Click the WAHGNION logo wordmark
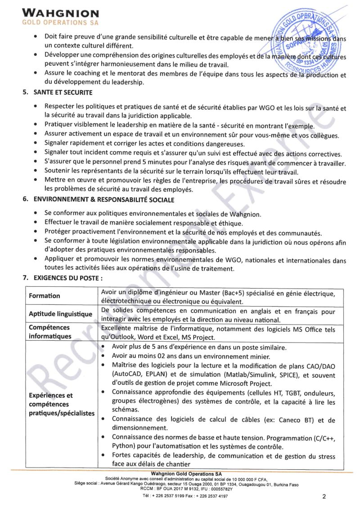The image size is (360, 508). [60, 14]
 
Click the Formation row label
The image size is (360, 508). [44, 296]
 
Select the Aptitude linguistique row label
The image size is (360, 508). [60, 314]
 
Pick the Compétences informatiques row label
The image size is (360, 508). [49, 332]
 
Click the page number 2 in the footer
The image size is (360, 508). [324, 496]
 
